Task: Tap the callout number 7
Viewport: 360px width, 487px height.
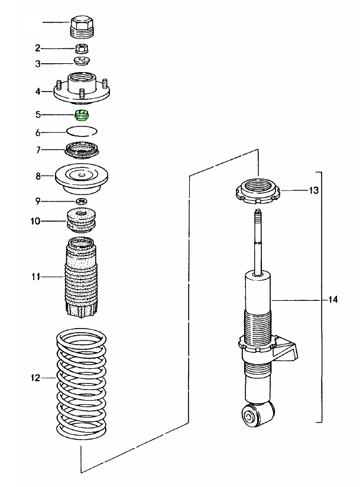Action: point(37,150)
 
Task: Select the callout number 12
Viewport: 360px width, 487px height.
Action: point(35,378)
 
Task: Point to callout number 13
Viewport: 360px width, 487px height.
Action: point(313,190)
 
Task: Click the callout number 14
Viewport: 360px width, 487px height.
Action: point(333,300)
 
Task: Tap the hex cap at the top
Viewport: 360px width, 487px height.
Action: point(82,25)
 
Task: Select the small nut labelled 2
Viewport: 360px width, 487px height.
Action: point(82,47)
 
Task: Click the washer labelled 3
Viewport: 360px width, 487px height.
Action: point(82,61)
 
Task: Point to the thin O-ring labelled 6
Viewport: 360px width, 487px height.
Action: point(82,131)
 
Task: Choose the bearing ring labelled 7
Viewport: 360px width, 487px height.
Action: point(82,150)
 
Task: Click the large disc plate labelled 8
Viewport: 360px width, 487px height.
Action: point(82,176)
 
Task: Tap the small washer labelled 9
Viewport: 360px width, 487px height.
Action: point(82,202)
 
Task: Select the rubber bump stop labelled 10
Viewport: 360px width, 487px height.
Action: point(82,220)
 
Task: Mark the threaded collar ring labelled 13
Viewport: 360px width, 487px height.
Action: point(258,192)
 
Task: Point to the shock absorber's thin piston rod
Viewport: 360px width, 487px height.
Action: point(258,242)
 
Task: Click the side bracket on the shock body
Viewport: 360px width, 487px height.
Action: point(290,350)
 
